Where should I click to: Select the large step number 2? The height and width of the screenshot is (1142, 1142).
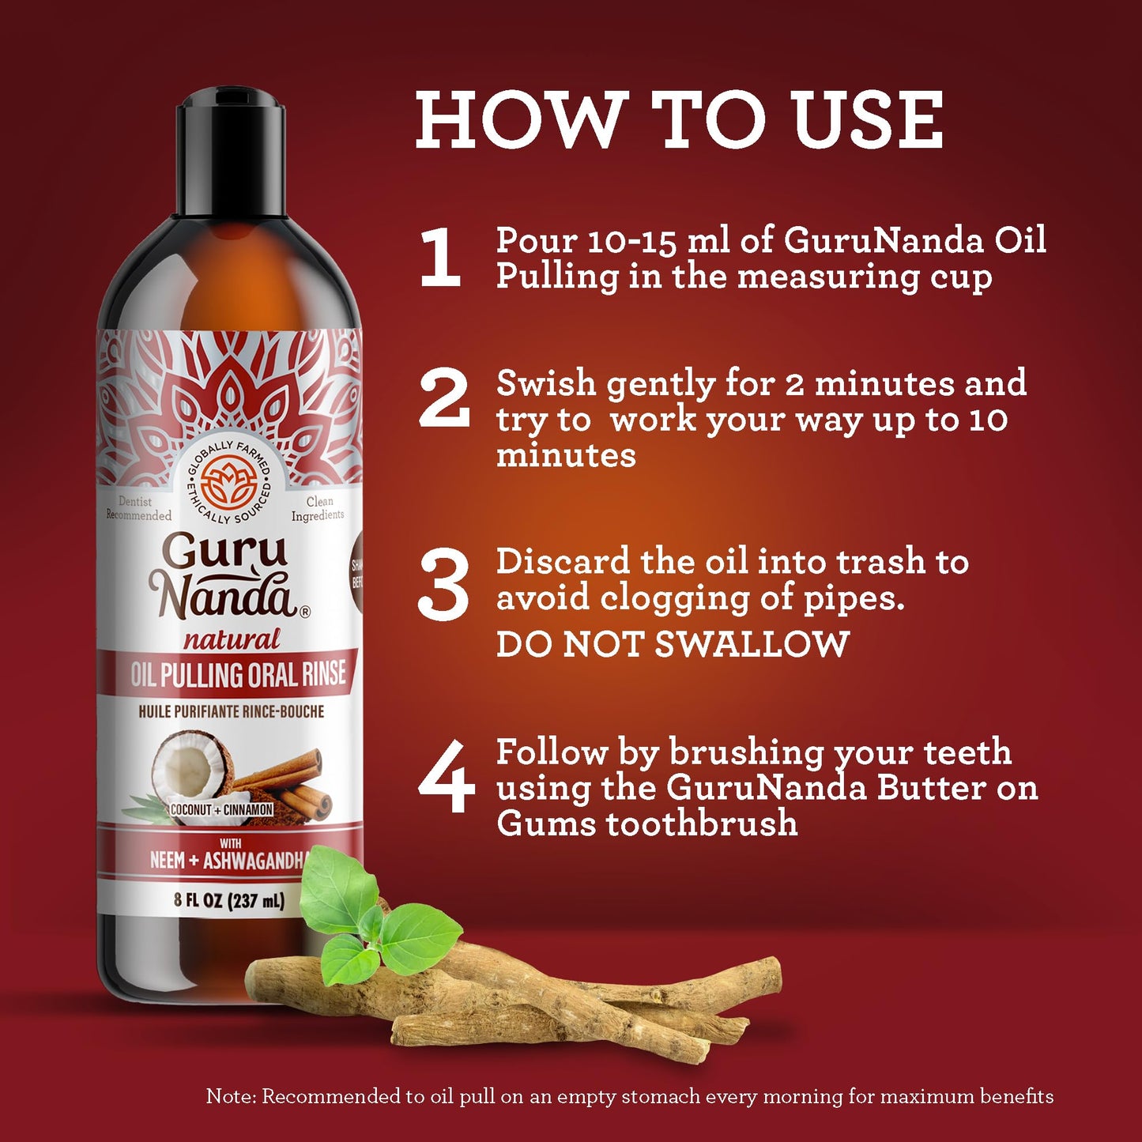click(444, 400)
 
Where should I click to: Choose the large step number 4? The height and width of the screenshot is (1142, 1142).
click(446, 776)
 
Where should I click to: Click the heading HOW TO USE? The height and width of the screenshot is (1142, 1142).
click(679, 120)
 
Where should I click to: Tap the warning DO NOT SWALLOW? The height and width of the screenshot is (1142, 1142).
click(673, 644)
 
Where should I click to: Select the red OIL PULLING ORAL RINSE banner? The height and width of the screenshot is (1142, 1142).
click(237, 674)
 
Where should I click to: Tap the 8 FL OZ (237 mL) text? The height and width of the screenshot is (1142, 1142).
click(229, 900)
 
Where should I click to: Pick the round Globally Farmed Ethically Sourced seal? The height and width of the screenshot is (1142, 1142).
click(228, 483)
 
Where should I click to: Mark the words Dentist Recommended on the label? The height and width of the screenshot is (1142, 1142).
click(138, 508)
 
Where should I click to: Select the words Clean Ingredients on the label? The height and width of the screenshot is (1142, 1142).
click(318, 508)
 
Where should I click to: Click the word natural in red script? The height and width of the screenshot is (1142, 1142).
click(232, 639)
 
